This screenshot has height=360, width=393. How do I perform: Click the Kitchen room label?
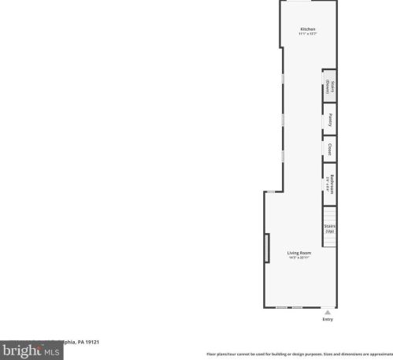307,30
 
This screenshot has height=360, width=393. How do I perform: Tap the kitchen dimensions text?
307,35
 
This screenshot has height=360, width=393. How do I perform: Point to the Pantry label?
330,120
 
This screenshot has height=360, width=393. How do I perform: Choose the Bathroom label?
332,181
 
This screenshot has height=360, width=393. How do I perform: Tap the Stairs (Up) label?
330,229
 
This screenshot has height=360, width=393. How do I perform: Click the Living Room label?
298,253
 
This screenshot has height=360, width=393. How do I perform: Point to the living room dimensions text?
298,258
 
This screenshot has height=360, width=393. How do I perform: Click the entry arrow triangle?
328,312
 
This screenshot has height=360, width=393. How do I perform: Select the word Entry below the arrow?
328,319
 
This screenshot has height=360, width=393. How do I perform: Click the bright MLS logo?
31,350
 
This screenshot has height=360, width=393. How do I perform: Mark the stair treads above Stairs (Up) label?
330,214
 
